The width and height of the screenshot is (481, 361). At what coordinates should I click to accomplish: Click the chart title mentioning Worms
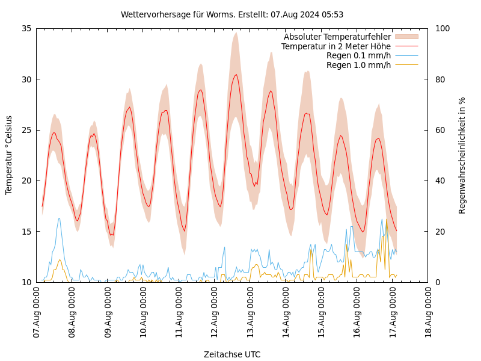point(232,14)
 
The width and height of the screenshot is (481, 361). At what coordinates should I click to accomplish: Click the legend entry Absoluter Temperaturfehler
point(337,37)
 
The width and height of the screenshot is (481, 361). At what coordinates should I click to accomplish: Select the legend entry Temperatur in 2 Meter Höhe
point(335,46)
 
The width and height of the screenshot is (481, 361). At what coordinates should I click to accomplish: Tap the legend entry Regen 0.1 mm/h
point(358,55)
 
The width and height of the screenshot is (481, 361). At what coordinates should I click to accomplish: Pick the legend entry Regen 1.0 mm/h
point(358,65)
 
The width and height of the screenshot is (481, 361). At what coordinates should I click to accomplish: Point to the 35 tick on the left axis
point(26,28)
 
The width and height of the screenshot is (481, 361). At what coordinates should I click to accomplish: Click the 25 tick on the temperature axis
point(26,130)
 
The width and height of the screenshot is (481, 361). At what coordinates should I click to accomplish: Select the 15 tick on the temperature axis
point(26,232)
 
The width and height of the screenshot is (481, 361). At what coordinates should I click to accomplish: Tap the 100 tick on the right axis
point(442,28)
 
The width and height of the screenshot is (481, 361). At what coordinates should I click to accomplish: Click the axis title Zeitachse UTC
point(232,354)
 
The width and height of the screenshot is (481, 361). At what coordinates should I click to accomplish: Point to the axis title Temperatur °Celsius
point(9,155)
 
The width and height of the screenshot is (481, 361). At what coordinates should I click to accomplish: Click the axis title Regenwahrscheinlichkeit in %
point(462,155)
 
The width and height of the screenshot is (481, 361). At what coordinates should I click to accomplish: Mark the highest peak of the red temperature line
point(236,75)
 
